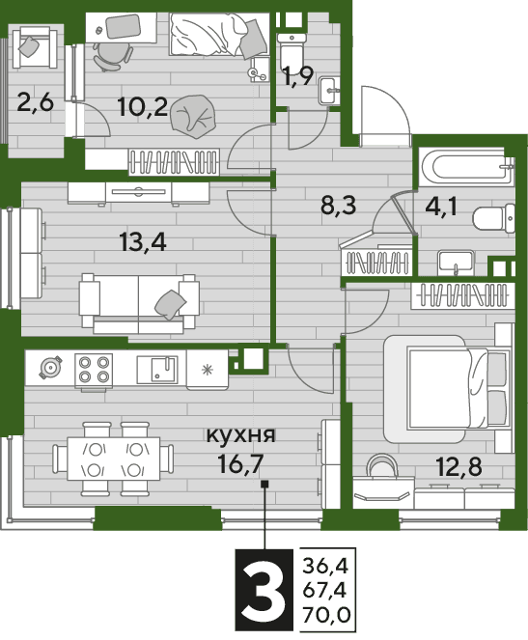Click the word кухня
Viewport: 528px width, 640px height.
point(241,436)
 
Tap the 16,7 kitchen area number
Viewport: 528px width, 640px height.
point(239,464)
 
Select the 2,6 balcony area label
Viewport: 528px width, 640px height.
point(36,102)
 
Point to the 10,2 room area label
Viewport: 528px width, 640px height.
point(143,107)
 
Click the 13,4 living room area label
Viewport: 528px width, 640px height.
point(143,241)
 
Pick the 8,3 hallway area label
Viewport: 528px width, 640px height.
point(338,206)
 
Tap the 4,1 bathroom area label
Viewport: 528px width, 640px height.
point(441,207)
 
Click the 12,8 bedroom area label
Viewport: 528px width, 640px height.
point(459,466)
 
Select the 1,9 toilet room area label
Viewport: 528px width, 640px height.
point(298,76)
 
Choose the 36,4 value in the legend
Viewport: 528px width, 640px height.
point(325,567)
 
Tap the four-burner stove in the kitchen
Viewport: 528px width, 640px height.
point(94,370)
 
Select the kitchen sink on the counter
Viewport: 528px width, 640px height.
point(157,370)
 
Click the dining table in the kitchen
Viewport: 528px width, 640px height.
point(114,459)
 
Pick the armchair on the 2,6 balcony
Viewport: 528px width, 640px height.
point(35,47)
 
